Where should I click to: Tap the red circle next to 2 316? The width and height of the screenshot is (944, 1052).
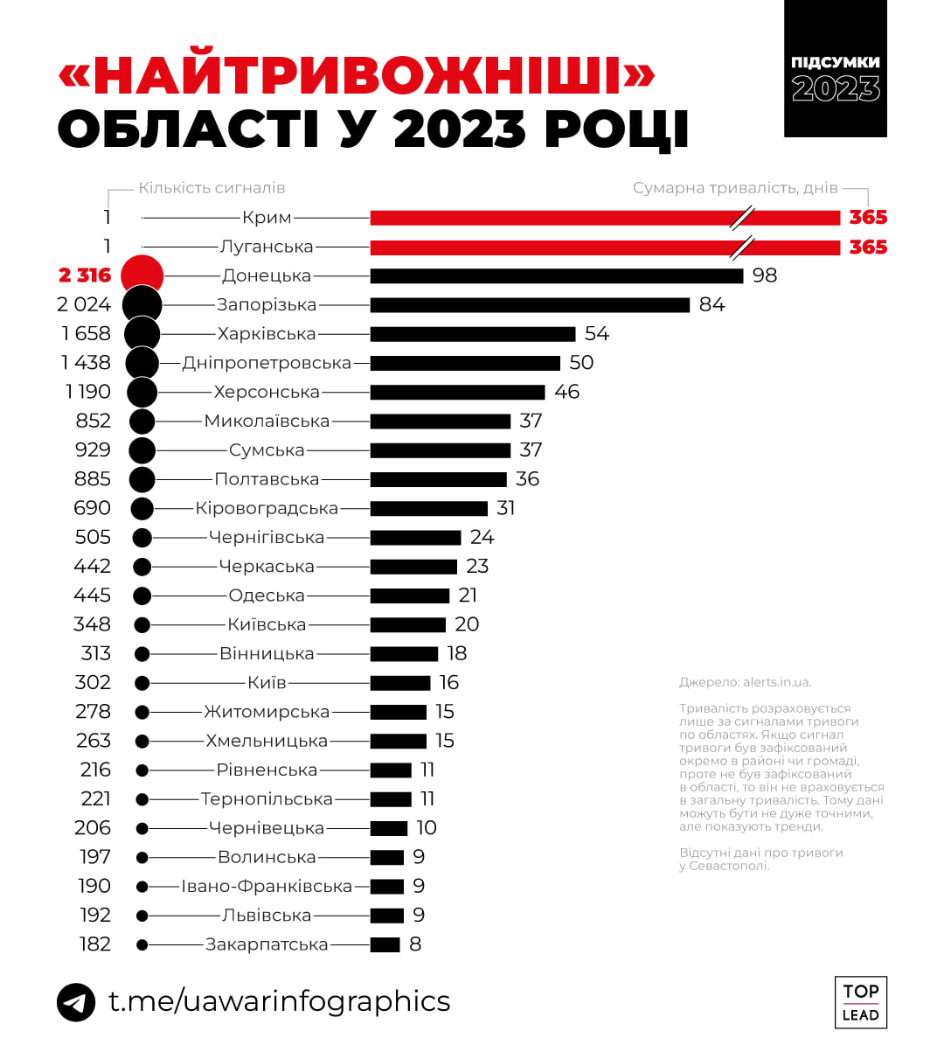[x=142, y=275]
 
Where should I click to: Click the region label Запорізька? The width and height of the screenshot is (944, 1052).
[x=267, y=305]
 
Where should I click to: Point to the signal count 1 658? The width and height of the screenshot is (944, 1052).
[x=87, y=334]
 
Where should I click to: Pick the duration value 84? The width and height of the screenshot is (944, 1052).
[x=711, y=305]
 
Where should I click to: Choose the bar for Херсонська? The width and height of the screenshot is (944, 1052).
[x=457, y=392]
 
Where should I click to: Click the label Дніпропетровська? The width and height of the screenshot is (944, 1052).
[x=267, y=363]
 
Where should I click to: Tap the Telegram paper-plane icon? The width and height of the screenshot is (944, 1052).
[x=76, y=1002]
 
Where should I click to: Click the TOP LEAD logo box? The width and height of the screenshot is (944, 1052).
[x=860, y=1002]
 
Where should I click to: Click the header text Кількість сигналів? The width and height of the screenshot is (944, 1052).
[x=212, y=188]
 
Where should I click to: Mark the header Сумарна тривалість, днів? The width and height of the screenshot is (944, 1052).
[x=735, y=188]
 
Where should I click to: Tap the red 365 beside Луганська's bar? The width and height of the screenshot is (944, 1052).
[x=868, y=247]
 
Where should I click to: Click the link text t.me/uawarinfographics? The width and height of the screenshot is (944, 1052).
[x=280, y=1001]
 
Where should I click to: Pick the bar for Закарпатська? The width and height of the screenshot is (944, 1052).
[x=385, y=944]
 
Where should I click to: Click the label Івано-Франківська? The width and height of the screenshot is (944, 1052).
[x=267, y=887]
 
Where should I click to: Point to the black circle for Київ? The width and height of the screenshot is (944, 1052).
[x=142, y=683]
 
